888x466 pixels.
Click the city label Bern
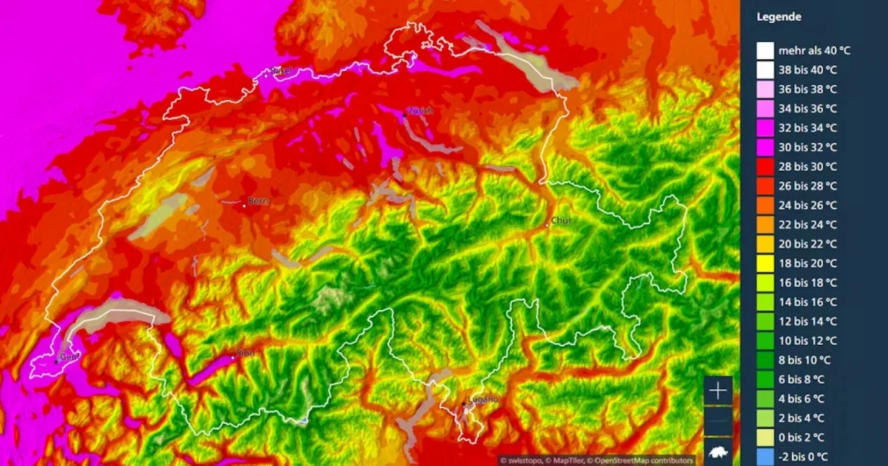pyautogui.click(x=258, y=200)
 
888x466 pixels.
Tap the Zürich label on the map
pyautogui.click(x=419, y=110)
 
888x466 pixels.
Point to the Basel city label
pyautogui.click(x=281, y=70)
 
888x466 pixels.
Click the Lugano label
pyautogui.click(x=482, y=399)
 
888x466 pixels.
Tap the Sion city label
pyautogui.click(x=246, y=353)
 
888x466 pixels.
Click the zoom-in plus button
pyautogui.click(x=719, y=391)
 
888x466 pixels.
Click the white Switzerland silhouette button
pyautogui.click(x=719, y=452)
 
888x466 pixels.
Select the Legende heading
pyautogui.click(x=779, y=17)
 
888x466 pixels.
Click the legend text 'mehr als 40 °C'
pyautogui.click(x=813, y=50)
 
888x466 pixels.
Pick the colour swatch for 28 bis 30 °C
pyautogui.click(x=765, y=166)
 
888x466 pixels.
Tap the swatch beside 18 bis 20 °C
pyautogui.click(x=765, y=263)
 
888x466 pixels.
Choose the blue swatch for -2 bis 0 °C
pyautogui.click(x=765, y=456)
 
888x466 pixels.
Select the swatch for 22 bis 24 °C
pyautogui.click(x=765, y=224)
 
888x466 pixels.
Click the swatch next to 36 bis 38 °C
pyautogui.click(x=765, y=89)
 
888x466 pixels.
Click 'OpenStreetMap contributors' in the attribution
pyautogui.click(x=643, y=460)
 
